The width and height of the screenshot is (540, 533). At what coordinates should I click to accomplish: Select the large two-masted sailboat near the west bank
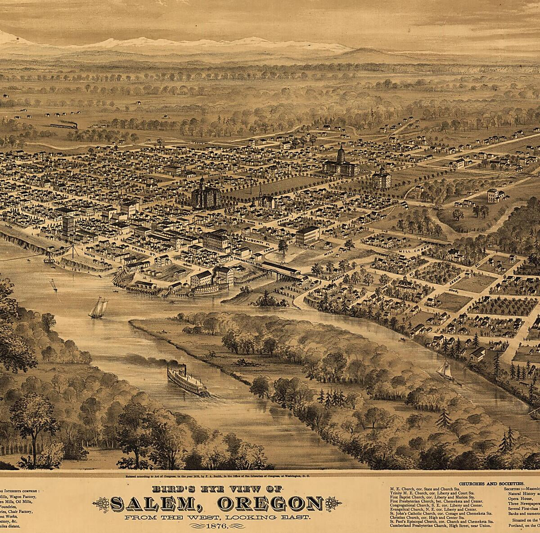[x=98, y=308]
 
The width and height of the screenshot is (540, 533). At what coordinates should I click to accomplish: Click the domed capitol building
[x=340, y=163]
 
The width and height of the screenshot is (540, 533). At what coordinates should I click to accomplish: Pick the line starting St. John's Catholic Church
[x=441, y=513]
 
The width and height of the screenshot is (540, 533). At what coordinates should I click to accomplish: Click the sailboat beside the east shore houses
[x=445, y=370]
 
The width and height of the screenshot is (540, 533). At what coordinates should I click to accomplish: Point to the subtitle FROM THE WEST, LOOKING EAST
[x=217, y=518]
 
